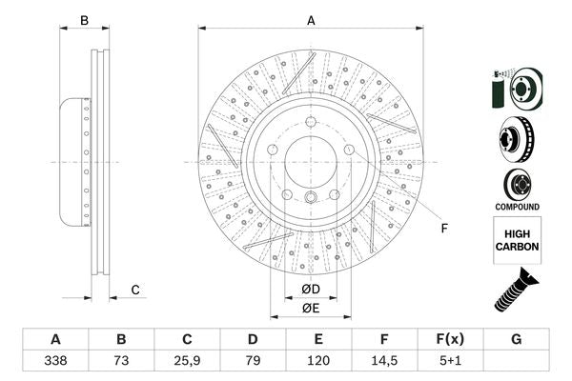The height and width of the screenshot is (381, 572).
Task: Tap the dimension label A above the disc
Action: click(x=311, y=20)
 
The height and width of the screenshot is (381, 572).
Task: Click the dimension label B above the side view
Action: click(x=84, y=20)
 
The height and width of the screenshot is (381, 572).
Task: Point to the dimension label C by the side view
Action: click(x=135, y=290)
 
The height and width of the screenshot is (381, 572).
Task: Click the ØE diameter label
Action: click(x=311, y=308)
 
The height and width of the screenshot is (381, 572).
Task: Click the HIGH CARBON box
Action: click(x=517, y=239)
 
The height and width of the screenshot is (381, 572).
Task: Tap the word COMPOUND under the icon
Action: click(x=517, y=206)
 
